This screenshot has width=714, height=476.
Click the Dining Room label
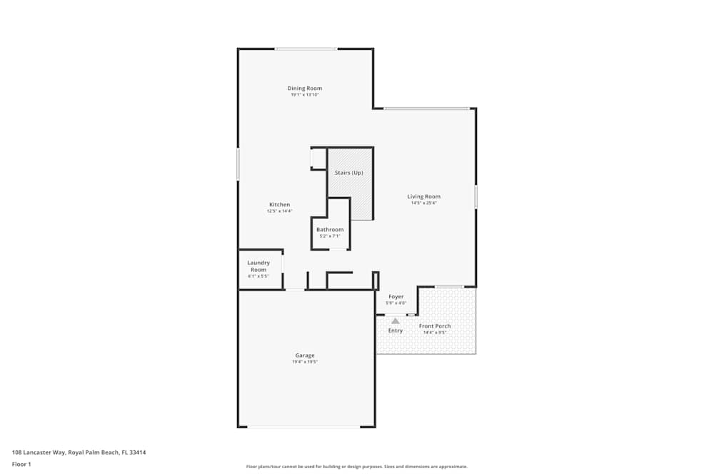point(305,88)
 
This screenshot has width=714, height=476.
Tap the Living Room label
point(423,196)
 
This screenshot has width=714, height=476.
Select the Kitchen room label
point(279,205)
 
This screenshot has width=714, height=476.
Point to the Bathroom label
point(330,230)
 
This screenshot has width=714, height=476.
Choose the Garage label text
point(305,355)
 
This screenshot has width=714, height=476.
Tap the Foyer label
point(396,297)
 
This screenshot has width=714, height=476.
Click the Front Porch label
point(434,326)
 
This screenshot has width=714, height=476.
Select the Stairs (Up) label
point(349,173)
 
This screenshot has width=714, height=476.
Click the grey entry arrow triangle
point(396,321)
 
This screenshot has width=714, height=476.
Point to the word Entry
point(396,331)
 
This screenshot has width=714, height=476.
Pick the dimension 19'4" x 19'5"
point(305,363)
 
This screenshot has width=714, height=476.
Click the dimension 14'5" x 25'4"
point(423,203)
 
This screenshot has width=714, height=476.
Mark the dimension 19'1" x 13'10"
point(305,95)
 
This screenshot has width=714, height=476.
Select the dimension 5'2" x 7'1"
point(330,236)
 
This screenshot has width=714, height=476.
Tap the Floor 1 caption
point(21,464)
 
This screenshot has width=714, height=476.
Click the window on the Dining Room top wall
point(306,49)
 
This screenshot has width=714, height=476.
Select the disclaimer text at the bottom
point(357,467)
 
